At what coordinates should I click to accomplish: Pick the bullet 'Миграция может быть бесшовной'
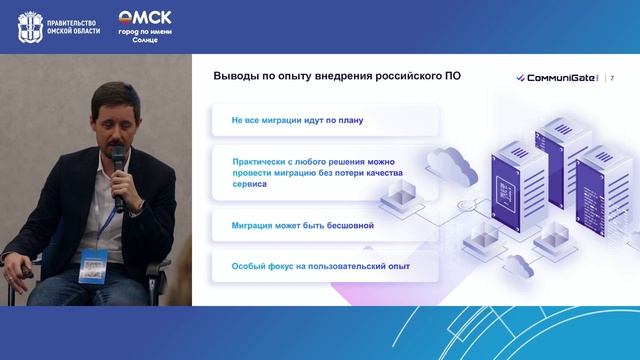302,225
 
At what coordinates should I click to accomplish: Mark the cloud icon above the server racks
446,161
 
